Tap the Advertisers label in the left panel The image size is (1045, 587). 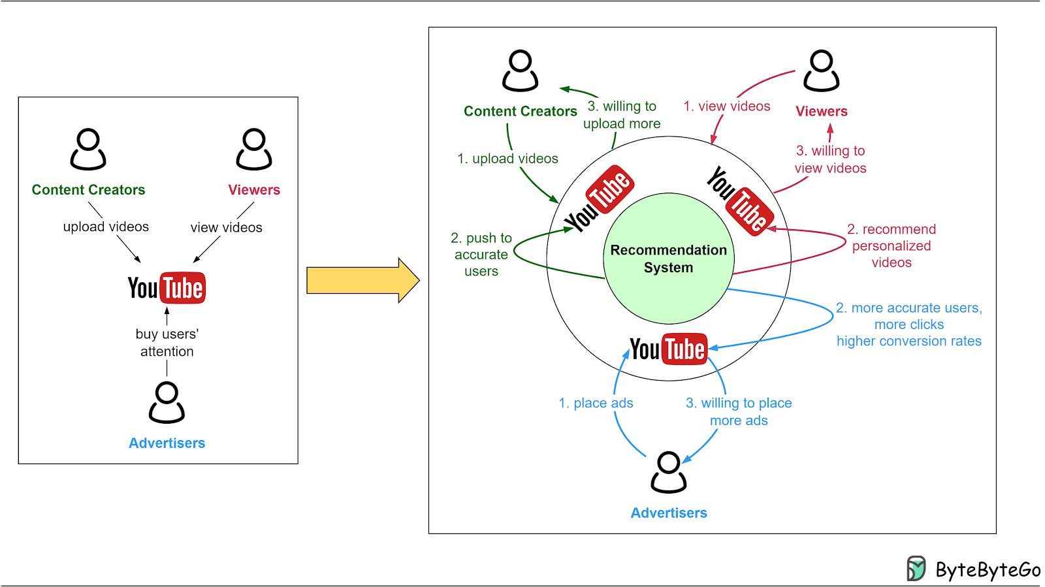coord(167,443)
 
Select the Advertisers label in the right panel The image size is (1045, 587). coord(668,513)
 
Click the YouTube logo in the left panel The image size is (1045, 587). coord(167,288)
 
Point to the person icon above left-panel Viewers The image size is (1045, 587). coord(254,149)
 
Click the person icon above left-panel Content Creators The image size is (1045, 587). coord(88,149)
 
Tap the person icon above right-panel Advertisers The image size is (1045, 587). coord(668,472)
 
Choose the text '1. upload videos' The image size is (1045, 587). coord(507,159)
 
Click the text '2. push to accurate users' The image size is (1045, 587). coord(481,255)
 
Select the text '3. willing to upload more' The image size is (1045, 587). coord(622,115)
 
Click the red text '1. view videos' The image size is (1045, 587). coord(726,106)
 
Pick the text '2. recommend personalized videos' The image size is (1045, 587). coord(892,246)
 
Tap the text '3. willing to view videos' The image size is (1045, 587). coord(830,159)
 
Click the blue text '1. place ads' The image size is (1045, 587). coord(596,403)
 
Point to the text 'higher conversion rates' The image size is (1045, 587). coord(908,341)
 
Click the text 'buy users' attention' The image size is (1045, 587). coord(167,343)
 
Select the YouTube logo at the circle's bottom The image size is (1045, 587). coord(668,349)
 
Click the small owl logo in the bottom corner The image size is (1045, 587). coord(916,568)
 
